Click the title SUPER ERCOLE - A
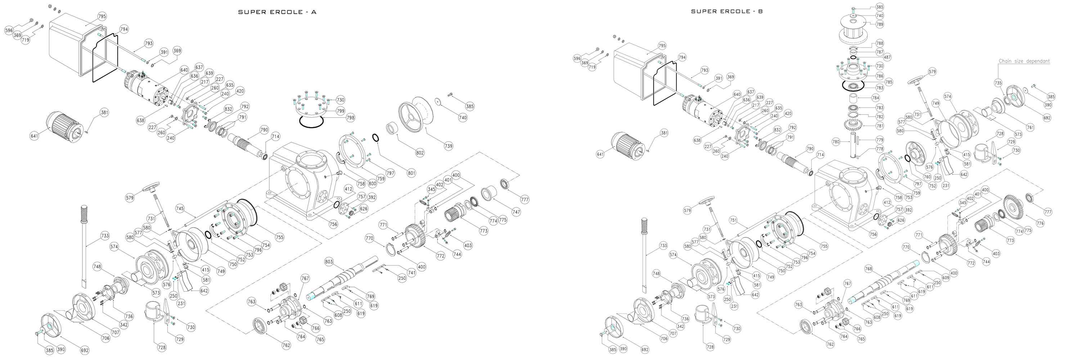[x=277, y=12]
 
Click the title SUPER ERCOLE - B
[x=726, y=11]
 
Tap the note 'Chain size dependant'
[x=1024, y=61]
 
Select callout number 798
[x=350, y=118]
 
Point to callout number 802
[x=420, y=153]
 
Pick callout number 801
[x=411, y=173]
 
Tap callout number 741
[x=411, y=273]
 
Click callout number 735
[x=998, y=83]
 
